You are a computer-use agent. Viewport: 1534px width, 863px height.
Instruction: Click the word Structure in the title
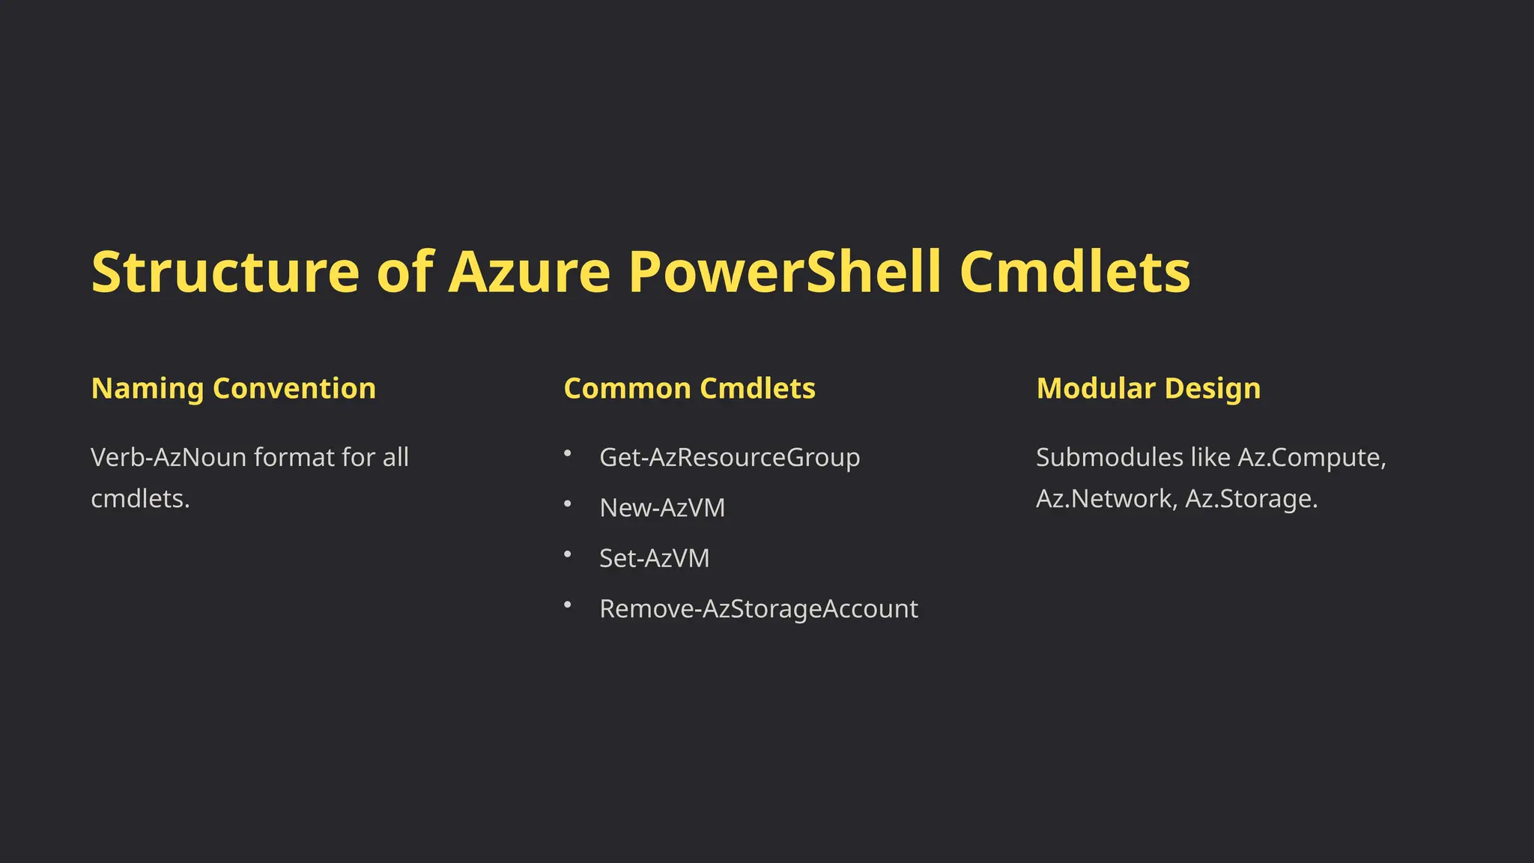pos(225,271)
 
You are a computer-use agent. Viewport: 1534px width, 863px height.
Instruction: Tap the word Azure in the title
pos(529,271)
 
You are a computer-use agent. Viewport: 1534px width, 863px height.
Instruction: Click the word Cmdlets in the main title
pos(1075,271)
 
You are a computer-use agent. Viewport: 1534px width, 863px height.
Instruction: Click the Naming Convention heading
pos(233,389)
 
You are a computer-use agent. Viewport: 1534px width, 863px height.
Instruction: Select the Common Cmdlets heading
pos(689,389)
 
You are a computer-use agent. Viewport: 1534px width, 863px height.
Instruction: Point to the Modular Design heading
pos(1148,389)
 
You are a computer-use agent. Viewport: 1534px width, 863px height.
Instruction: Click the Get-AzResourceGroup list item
pos(730,457)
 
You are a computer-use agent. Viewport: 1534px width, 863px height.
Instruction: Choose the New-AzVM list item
pos(662,508)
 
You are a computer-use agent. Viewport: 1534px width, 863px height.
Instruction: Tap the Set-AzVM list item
pos(654,558)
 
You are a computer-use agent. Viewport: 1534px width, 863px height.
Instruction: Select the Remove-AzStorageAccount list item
pos(759,609)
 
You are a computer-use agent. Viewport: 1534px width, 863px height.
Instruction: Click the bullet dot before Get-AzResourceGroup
pos(568,452)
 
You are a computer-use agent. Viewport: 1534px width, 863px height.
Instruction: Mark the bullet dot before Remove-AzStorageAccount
pos(568,605)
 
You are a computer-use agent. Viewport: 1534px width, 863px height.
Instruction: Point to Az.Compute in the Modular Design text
pos(1312,457)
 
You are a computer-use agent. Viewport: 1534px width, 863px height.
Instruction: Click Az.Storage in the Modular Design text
pos(1251,499)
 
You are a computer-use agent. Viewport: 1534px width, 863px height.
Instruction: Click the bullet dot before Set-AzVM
pos(568,554)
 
